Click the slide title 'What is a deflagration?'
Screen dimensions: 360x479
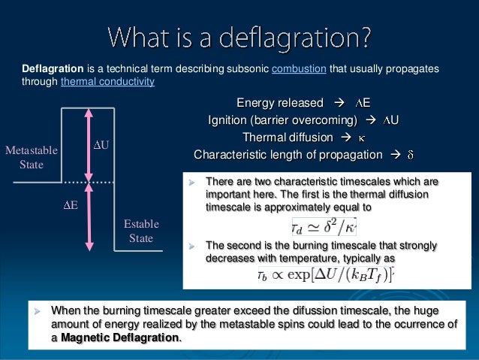239,35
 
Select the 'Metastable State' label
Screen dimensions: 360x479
31,157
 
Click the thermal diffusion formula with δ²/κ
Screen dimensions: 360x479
324,225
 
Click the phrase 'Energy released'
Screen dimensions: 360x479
280,103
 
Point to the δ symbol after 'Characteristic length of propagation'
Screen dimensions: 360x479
410,155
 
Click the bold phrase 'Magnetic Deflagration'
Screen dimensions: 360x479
120,337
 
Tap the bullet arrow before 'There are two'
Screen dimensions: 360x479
191,182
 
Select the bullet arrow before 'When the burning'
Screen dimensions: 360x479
38,310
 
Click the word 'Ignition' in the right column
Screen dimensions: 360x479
229,120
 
